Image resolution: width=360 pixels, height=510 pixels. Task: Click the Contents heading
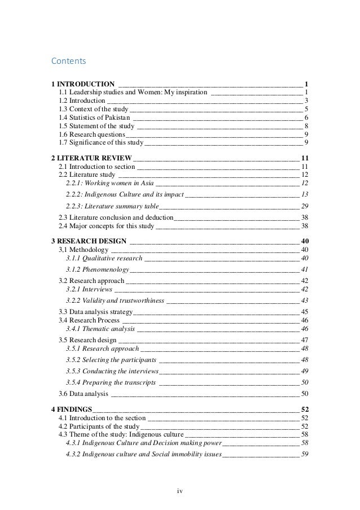pyautogui.click(x=67, y=59)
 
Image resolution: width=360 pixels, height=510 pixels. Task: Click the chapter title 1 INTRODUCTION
pyautogui.click(x=84, y=84)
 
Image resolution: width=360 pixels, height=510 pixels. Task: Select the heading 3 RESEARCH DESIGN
pyautogui.click(x=90, y=241)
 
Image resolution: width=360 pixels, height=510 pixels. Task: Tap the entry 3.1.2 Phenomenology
pyautogui.click(x=97, y=269)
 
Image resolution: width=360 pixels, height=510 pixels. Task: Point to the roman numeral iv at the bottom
pyautogui.click(x=179, y=490)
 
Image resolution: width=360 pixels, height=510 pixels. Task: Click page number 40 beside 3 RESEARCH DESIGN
pyautogui.click(x=305, y=241)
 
